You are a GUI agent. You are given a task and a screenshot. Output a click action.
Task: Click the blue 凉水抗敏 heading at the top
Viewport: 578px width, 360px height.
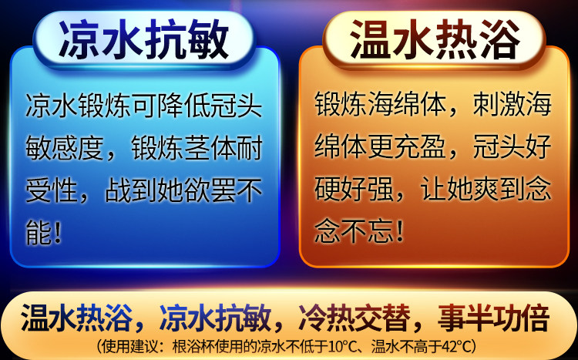[144, 39]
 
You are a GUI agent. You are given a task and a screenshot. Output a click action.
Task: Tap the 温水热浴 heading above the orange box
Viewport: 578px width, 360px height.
[435, 39]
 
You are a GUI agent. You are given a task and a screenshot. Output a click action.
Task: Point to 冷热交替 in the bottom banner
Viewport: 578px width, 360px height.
[355, 318]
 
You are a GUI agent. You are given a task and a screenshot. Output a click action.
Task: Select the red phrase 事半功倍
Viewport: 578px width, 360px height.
[493, 318]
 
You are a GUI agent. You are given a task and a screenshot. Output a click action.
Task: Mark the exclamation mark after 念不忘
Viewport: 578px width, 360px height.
[399, 231]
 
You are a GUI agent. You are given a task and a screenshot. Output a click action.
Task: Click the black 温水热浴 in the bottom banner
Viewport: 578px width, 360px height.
[76, 318]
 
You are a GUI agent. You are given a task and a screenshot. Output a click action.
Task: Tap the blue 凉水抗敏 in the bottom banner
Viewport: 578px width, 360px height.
[215, 318]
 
